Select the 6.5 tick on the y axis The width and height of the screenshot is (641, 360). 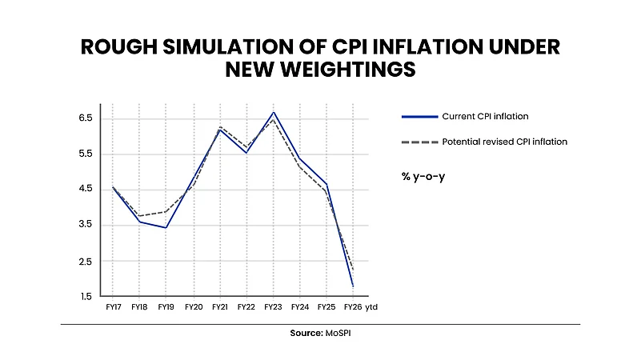[85, 118]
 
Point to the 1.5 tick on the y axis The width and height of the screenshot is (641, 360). [85, 297]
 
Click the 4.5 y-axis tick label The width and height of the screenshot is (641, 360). [85, 190]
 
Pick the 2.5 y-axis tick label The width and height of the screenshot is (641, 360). [85, 262]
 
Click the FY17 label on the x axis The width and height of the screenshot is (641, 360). [113, 306]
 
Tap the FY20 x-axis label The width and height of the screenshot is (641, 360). [193, 306]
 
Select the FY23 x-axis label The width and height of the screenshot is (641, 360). [273, 306]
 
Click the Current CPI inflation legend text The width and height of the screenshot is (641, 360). [485, 117]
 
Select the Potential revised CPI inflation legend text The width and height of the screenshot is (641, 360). [504, 142]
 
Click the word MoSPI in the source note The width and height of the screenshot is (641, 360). [337, 333]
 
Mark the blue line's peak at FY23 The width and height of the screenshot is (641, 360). [273, 112]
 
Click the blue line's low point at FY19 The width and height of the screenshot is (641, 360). [166, 228]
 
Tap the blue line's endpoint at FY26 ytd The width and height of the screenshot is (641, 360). [353, 286]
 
